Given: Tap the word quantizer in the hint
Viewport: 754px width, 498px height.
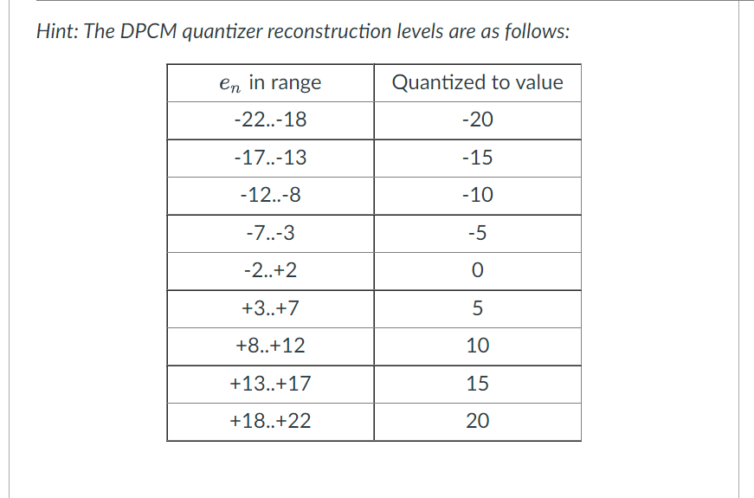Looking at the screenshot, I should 222,33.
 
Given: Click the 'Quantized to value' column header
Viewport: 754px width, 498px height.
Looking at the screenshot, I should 477,82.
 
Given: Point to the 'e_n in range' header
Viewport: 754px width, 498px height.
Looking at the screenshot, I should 270,83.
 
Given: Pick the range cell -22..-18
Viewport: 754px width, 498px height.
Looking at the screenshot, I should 270,120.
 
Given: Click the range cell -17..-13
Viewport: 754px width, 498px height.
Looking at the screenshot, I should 270,158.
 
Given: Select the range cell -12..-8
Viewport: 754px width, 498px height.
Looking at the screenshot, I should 270,195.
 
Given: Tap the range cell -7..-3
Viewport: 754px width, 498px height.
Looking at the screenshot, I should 270,233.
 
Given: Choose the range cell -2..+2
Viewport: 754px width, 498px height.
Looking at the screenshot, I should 270,270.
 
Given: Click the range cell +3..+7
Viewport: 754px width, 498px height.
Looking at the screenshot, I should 270,307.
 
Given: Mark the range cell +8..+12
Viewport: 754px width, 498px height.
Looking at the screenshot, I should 270,346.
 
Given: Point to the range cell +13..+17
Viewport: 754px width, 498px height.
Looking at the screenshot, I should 270,383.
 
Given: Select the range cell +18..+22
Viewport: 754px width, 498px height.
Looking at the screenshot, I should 270,421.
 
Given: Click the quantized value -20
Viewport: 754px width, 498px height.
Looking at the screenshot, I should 477,120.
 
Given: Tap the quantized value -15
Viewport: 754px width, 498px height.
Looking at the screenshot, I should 477,158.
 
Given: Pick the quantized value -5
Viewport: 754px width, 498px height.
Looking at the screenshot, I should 477,233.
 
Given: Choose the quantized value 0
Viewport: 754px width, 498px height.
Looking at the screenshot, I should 477,270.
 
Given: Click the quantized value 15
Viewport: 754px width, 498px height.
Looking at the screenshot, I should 477,383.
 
